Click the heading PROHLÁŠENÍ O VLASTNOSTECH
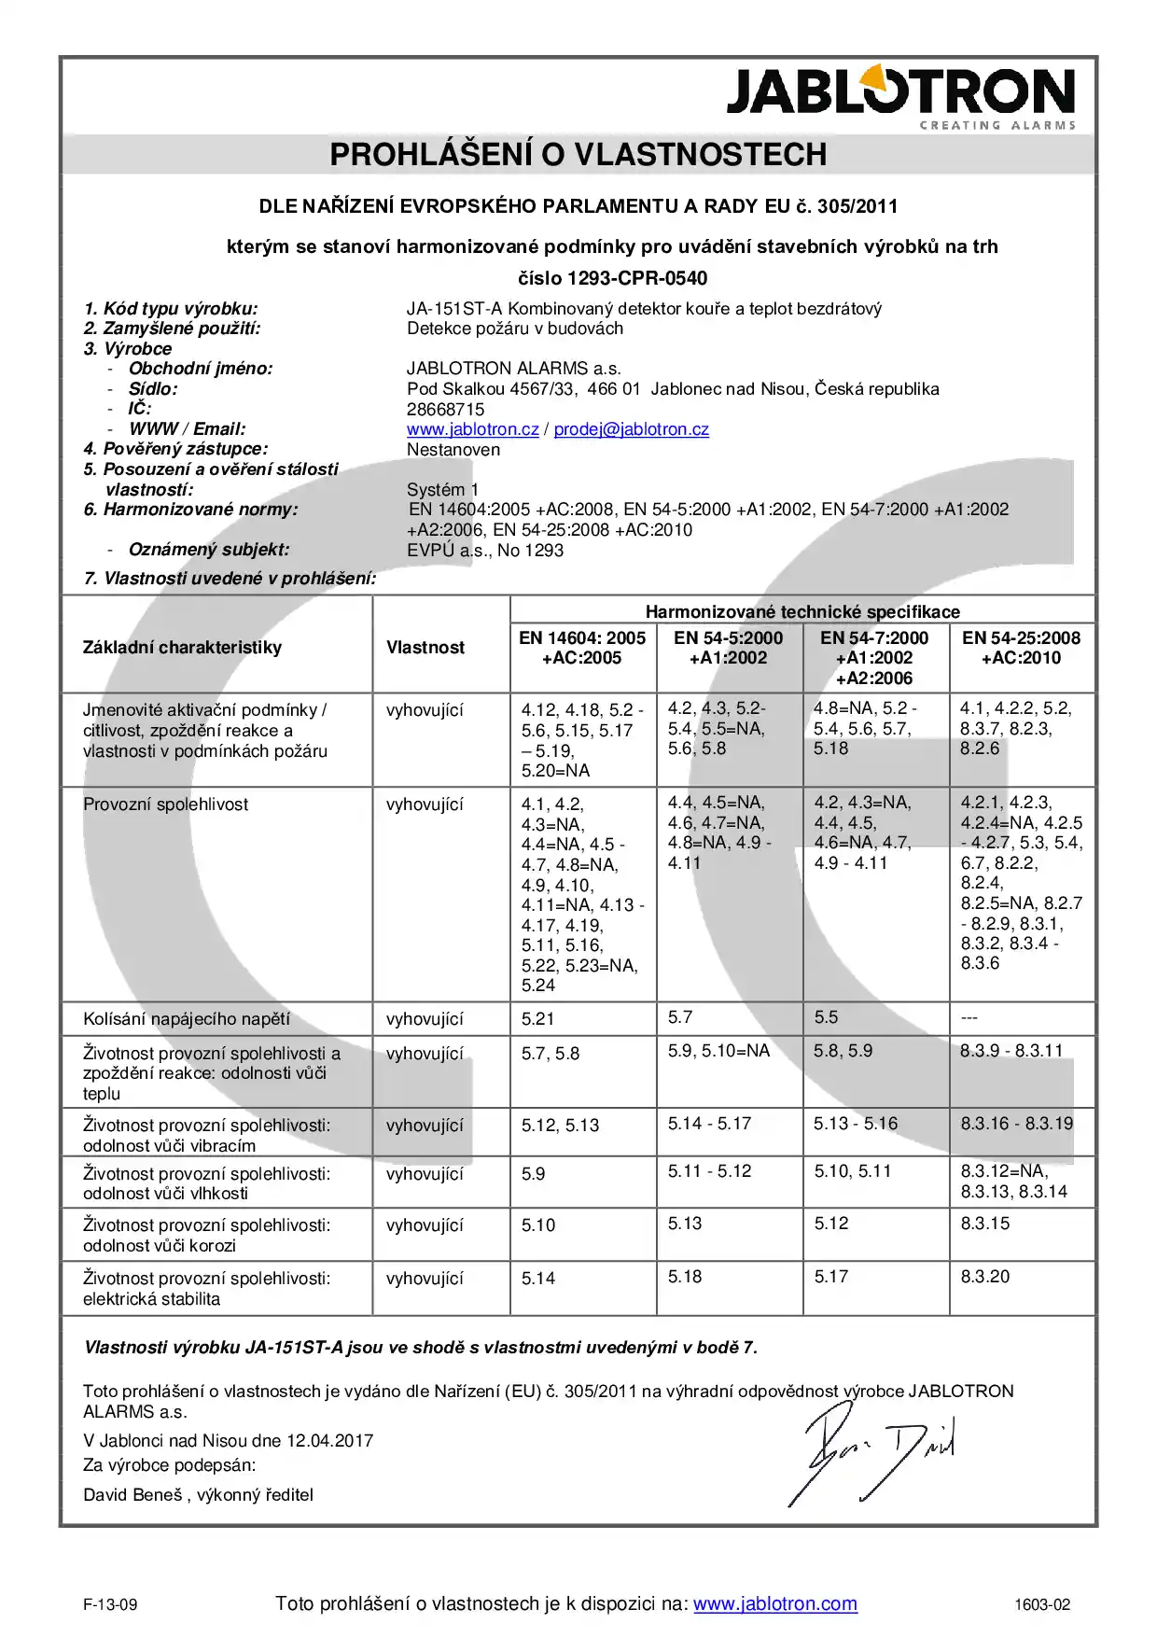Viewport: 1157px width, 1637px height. click(578, 155)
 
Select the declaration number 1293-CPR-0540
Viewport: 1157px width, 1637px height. click(637, 278)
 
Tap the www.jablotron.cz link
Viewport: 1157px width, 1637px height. click(472, 429)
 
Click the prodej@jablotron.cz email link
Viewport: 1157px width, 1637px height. click(631, 429)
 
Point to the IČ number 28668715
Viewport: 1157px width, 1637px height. click(445, 410)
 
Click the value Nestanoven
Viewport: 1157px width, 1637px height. click(453, 450)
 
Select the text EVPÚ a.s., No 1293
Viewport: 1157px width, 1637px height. click(484, 551)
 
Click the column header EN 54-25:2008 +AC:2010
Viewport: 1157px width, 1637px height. click(1021, 648)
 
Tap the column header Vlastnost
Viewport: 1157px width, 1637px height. click(425, 648)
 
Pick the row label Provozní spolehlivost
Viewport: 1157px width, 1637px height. click(165, 805)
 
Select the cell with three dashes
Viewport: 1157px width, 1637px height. click(969, 1018)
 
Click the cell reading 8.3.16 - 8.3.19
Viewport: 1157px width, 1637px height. click(1016, 1124)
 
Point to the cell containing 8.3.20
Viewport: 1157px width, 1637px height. click(984, 1277)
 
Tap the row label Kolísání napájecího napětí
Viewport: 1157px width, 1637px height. click(186, 1019)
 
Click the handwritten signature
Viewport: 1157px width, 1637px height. click(872, 1455)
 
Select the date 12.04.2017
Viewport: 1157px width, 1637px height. click(329, 1441)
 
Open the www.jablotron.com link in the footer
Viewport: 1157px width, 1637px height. click(774, 1604)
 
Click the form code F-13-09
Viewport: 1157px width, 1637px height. click(110, 1605)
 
